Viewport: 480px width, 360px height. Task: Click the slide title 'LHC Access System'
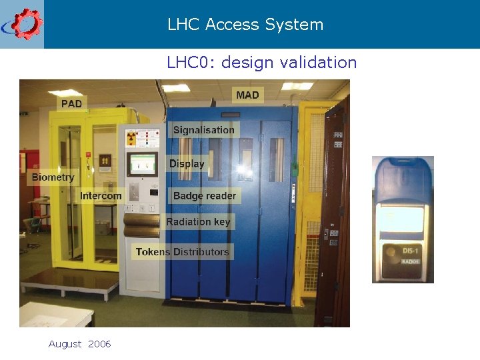245,25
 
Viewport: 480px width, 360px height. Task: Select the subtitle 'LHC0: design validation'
262,63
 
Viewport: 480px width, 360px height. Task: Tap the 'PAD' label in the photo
71,103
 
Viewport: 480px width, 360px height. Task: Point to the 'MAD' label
247,95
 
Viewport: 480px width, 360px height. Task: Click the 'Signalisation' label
203,130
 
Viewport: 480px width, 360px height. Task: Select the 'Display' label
187,164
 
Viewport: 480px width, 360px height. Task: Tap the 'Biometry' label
53,177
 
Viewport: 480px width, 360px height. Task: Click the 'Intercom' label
101,196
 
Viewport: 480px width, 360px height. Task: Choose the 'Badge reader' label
205,196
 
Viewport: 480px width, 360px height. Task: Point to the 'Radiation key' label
198,222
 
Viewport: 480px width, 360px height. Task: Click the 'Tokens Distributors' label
182,252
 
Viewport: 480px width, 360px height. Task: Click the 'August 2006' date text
79,344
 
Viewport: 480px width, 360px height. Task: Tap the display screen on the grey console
141,163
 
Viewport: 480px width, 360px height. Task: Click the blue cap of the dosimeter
402,180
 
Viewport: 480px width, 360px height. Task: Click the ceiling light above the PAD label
65,93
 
